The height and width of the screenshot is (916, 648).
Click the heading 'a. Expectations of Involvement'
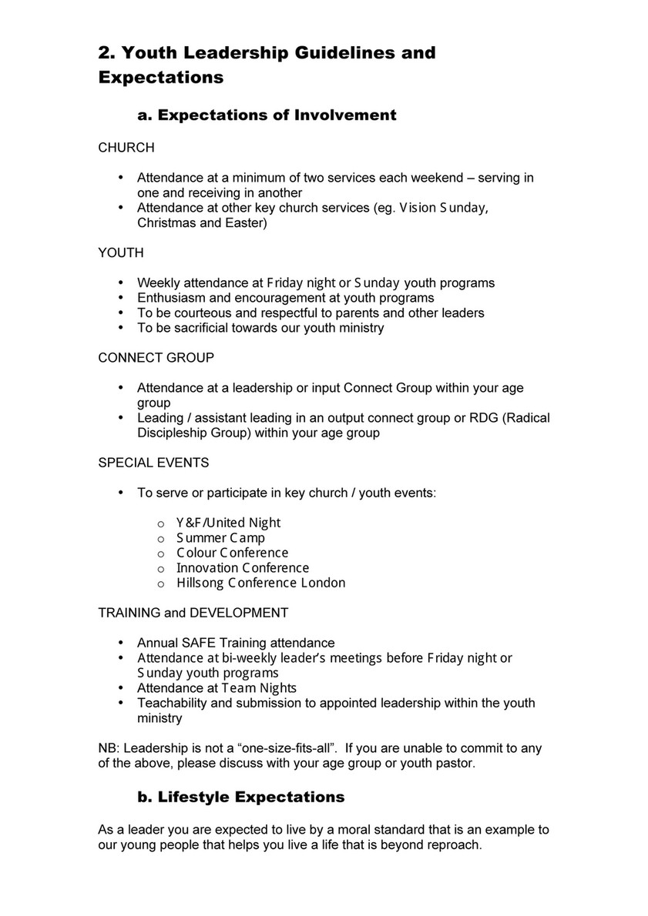(x=267, y=115)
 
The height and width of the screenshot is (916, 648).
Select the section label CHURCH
(x=126, y=147)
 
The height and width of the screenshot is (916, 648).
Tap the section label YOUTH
(x=120, y=252)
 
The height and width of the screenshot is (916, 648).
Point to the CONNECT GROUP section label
(x=156, y=358)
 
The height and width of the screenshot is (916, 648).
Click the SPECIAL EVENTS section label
(x=153, y=463)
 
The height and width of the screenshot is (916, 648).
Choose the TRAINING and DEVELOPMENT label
(x=193, y=613)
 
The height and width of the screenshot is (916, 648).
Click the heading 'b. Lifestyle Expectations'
(x=240, y=797)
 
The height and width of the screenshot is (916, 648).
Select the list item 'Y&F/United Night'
(x=228, y=523)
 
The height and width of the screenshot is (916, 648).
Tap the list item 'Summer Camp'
(x=220, y=538)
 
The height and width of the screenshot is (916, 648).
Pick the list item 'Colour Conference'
(x=232, y=553)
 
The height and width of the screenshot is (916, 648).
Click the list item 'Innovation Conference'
(x=243, y=568)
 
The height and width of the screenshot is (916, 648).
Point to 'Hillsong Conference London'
(x=260, y=583)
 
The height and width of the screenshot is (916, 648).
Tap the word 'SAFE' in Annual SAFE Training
(x=203, y=643)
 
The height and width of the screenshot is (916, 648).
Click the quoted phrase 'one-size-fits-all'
(x=281, y=748)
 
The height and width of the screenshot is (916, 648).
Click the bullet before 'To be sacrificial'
(x=120, y=328)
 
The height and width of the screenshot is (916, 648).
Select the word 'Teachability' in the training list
(x=173, y=703)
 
